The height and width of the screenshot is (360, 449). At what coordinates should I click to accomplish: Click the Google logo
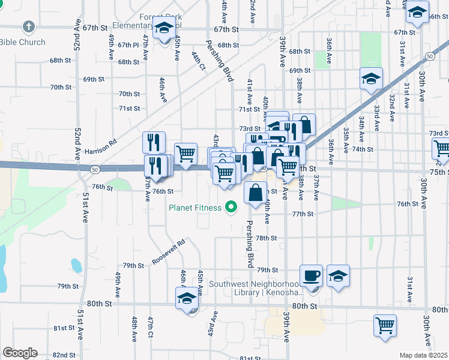point(20,353)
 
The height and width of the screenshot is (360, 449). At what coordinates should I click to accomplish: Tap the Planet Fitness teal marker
point(230,208)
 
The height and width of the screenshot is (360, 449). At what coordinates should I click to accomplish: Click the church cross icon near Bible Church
point(28,26)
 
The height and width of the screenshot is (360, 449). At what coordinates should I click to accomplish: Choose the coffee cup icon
point(311,275)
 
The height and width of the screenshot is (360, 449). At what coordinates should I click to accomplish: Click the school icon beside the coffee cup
point(339,276)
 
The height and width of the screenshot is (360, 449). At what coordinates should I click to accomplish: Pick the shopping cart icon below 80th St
point(385,325)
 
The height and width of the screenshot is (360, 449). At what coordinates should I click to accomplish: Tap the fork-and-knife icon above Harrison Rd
point(154,142)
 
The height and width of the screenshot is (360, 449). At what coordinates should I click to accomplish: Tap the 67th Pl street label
point(128,45)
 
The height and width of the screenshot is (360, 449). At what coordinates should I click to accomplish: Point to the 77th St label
point(303,214)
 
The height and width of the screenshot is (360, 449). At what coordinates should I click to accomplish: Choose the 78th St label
point(265,238)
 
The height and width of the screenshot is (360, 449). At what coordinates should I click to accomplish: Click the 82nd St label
point(64,355)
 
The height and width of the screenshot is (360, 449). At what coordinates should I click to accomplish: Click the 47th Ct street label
point(152,327)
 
